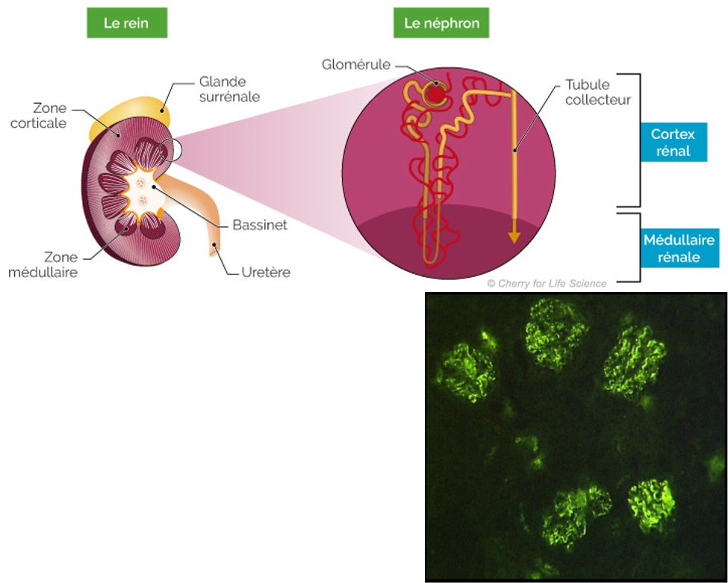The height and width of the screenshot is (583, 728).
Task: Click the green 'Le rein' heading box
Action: [x=126, y=23]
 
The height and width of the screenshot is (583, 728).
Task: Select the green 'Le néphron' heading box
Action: [x=441, y=23]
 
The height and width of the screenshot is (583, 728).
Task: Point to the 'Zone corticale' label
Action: [x=38, y=115]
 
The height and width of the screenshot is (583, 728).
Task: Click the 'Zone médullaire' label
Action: [x=43, y=264]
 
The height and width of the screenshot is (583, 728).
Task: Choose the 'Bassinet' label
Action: [x=259, y=225]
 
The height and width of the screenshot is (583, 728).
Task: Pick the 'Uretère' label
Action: [x=266, y=272]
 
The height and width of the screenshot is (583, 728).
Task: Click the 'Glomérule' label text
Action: [x=356, y=65]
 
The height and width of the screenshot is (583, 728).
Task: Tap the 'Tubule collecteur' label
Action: [x=597, y=92]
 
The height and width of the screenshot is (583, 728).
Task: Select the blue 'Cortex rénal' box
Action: [x=673, y=142]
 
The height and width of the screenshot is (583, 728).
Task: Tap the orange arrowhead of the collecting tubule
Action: [x=514, y=237]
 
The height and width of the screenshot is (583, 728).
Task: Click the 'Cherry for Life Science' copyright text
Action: [x=547, y=284]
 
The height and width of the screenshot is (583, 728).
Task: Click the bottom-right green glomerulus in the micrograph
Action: [x=651, y=505]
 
